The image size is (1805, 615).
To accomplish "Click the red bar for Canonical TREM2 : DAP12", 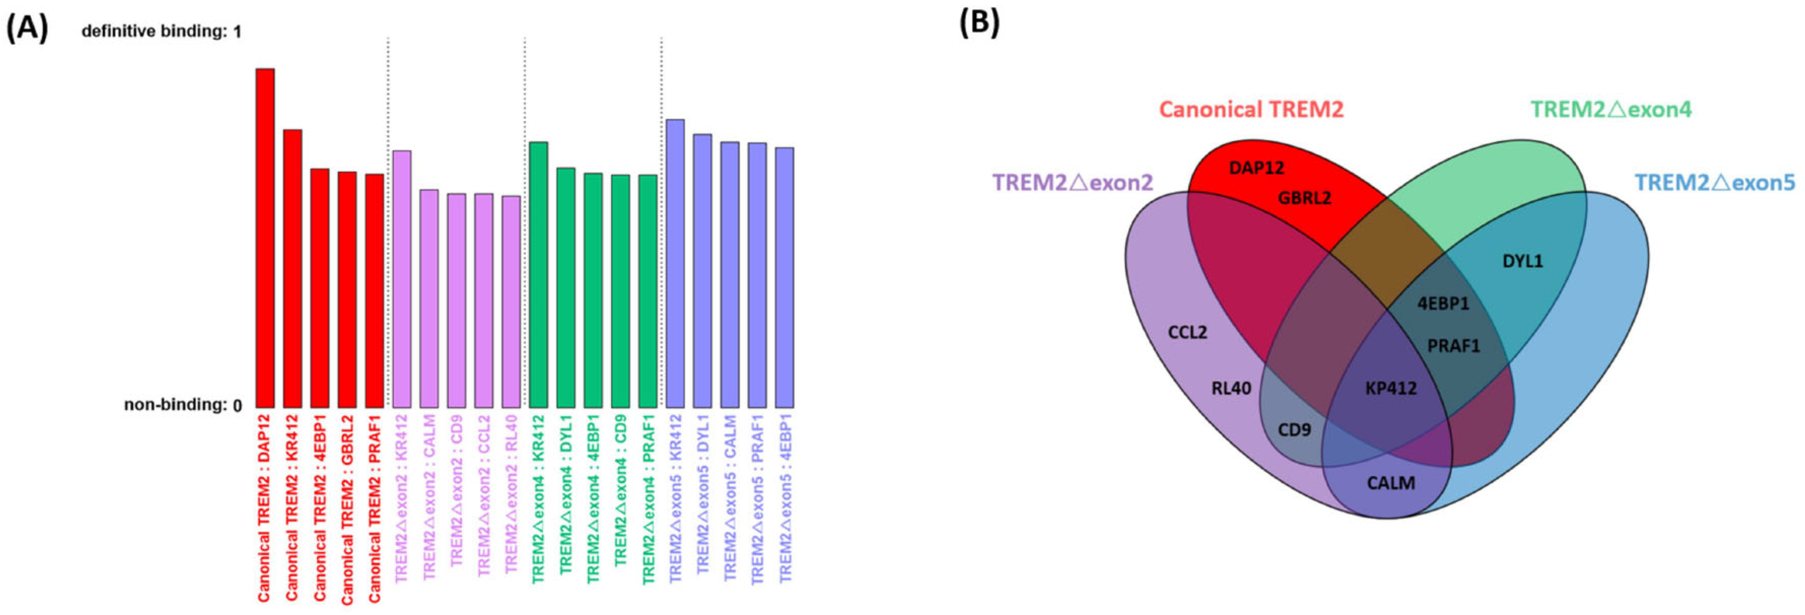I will [265, 238].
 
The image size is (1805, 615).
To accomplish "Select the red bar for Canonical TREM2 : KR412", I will [292, 268].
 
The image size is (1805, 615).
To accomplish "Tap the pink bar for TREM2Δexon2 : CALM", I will [429, 298].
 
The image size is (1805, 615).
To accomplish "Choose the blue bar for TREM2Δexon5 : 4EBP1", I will [785, 278].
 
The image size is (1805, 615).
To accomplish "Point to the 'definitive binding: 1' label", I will [161, 32].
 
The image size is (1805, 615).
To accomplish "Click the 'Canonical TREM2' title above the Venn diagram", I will [1252, 110].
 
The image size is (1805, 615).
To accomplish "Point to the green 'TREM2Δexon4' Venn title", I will [1611, 110].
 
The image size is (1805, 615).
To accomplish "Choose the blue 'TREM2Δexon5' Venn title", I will [1715, 183].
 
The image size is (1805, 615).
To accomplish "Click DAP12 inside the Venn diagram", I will [1256, 168].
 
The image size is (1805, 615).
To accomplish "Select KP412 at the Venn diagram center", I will [1391, 388].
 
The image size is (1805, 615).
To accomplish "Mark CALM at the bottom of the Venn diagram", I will [1391, 483].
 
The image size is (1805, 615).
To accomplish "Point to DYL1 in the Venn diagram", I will [1523, 261].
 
